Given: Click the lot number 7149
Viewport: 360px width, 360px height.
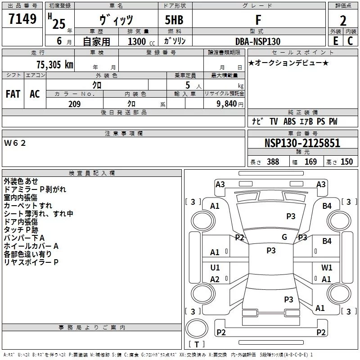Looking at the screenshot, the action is click(22, 18).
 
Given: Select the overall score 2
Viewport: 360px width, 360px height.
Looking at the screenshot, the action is click(343, 21).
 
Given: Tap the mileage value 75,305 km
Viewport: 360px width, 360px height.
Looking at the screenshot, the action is click(55, 64).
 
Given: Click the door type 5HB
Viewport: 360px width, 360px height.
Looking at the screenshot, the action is click(174, 20).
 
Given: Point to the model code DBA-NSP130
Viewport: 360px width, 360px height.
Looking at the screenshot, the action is click(258, 41).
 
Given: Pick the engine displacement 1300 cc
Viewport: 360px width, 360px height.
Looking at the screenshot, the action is click(141, 41).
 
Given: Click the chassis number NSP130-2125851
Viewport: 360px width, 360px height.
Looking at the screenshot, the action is click(302, 143).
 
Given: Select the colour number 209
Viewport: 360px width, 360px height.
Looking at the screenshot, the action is click(75, 104).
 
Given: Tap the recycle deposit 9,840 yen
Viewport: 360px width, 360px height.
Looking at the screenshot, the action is click(230, 104).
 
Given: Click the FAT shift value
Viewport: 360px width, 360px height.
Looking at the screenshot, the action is click(13, 94).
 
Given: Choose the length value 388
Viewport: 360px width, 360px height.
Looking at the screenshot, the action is click(273, 162).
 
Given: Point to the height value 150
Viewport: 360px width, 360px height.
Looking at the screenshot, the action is click(346, 162).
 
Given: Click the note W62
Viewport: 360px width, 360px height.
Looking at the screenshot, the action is click(15, 143).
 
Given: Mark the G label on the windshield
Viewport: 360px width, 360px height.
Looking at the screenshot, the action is click(284, 237).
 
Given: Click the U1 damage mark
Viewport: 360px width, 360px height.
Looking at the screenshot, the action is click(215, 267).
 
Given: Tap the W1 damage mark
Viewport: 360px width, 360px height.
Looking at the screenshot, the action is click(327, 267).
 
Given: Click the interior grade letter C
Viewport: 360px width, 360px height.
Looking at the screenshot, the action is click(350, 41).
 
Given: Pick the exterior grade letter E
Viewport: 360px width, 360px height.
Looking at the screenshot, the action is click(336, 41).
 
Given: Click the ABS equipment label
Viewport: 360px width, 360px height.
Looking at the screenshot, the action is click(289, 121).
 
